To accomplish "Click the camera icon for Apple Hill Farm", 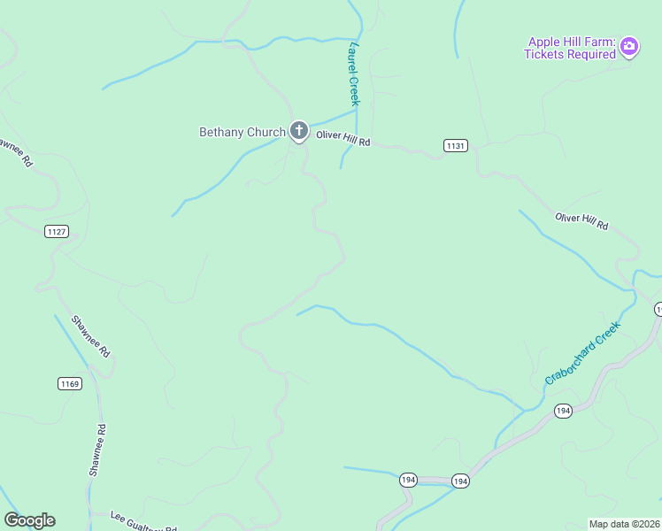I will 629,46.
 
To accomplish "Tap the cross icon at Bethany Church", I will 298,132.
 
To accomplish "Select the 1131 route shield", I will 456,145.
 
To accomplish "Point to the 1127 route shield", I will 56,232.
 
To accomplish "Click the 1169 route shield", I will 70,383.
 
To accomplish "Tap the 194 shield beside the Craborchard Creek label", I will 563,411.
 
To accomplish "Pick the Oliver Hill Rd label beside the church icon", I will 343,142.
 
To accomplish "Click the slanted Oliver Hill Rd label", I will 581,221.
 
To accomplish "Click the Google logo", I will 29,520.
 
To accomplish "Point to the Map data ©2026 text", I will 624,524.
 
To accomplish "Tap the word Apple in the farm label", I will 545,42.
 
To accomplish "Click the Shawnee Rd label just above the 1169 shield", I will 90,336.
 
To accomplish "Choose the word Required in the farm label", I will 592,55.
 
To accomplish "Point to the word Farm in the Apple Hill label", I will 597,42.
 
